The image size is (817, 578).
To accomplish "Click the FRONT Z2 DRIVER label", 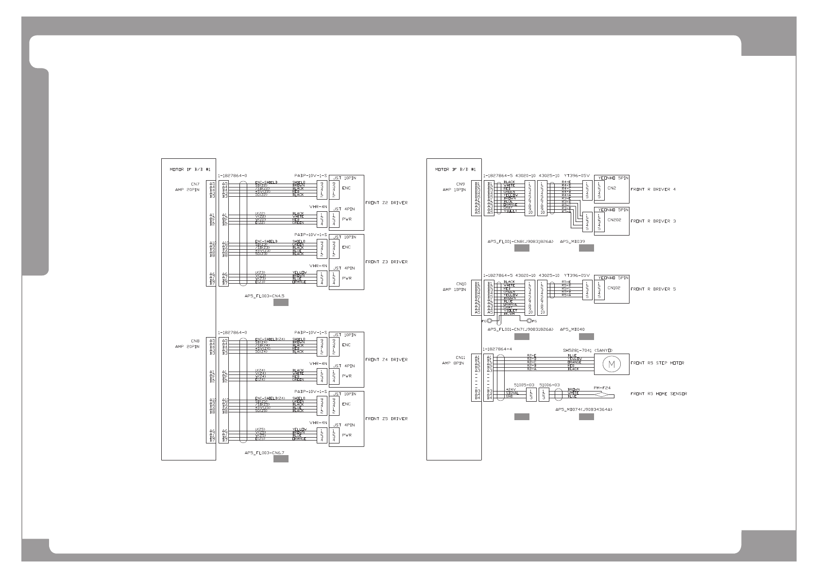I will [386, 203].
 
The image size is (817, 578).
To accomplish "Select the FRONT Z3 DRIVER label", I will [386, 262].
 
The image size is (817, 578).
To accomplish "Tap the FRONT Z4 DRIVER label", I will [386, 359].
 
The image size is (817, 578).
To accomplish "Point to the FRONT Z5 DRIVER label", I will [386, 419].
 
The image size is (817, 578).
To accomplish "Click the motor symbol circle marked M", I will [612, 364].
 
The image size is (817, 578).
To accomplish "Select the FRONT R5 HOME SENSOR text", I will [659, 394].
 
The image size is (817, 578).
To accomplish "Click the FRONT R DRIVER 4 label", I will [653, 189].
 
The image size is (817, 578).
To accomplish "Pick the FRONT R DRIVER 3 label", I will [653, 221].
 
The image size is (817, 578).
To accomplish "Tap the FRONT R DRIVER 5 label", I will [653, 289].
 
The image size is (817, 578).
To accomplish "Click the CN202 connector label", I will [614, 220].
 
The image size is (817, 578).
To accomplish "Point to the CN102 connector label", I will [614, 288].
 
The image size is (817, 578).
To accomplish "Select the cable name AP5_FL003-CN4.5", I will [264, 295].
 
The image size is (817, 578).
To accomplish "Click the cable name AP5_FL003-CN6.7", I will [264, 452].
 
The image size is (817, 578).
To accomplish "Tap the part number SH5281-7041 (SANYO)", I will [588, 350].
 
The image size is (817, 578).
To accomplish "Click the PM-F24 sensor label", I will [602, 388].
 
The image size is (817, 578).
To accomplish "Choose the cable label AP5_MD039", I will [572, 241].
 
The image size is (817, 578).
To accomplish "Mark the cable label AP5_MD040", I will [572, 329].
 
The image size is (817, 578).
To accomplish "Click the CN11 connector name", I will [460, 357].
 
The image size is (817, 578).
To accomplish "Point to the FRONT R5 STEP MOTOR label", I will [657, 363].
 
